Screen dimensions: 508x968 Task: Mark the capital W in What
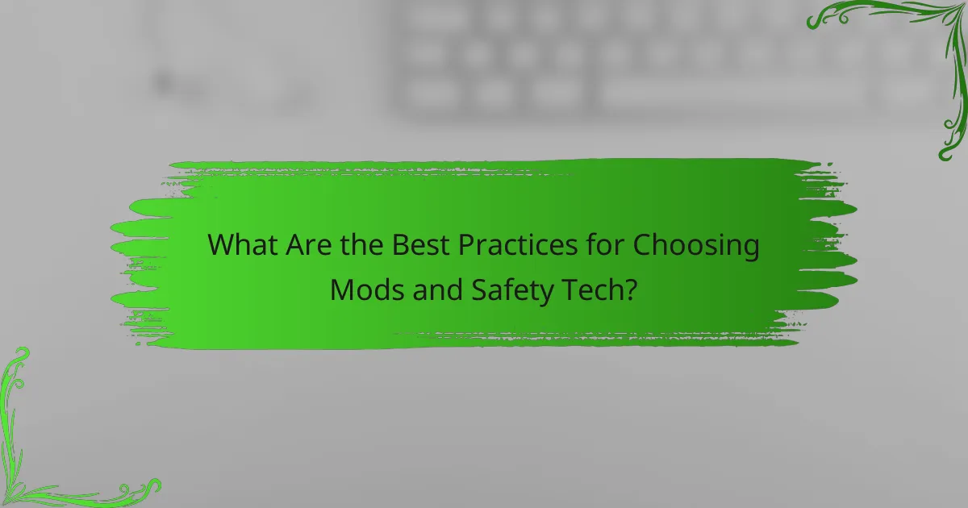pyautogui.click(x=222, y=245)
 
